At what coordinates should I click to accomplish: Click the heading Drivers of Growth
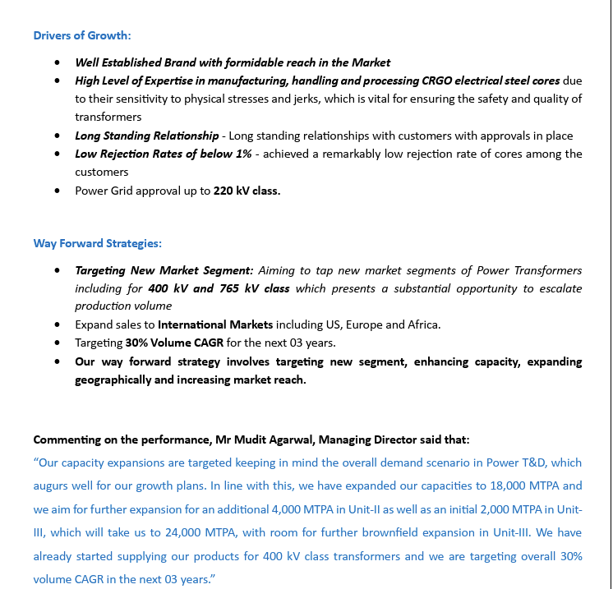(82, 35)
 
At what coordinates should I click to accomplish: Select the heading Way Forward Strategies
(97, 243)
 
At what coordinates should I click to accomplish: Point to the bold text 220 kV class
(247, 191)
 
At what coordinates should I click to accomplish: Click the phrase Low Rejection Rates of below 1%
(164, 154)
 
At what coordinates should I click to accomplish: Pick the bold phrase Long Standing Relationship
(147, 136)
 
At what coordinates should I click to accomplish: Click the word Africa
(422, 324)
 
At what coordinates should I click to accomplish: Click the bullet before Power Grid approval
(57, 191)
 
